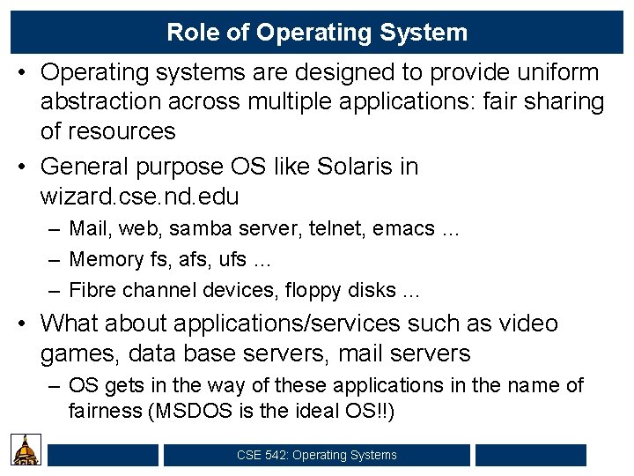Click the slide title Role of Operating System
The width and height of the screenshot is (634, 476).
pos(317,33)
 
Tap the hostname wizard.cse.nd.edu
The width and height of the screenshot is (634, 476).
pos(140,195)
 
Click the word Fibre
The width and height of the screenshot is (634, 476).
pos(91,289)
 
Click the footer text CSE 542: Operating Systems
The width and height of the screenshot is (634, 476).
pos(317,455)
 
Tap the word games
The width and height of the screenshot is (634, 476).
pos(80,354)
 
